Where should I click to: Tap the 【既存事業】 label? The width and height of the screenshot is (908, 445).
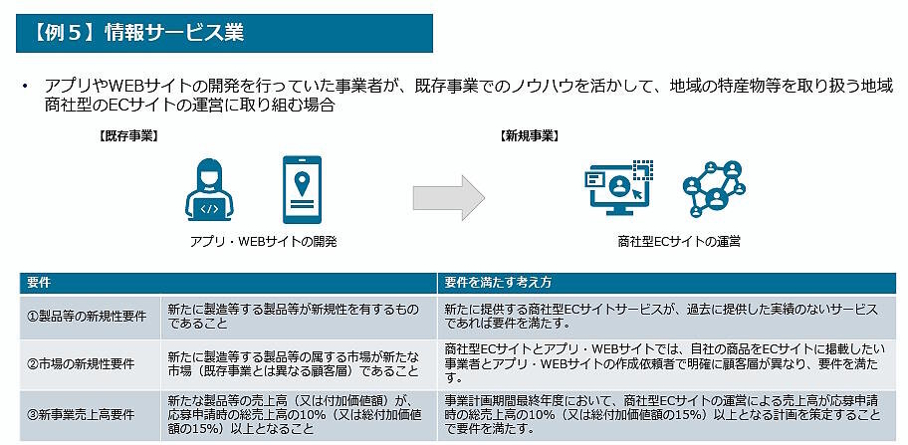tap(128, 136)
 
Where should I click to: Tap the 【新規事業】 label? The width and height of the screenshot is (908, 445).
tap(528, 136)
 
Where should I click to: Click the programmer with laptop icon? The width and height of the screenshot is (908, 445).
tap(210, 189)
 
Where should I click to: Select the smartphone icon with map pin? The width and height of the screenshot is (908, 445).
tap(302, 189)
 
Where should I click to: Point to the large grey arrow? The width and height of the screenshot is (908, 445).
tap(448, 198)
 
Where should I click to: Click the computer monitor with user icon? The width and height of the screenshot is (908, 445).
tap(618, 188)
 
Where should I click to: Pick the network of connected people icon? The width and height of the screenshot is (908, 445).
tap(714, 188)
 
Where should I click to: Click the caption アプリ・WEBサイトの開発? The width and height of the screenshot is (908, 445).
tap(264, 242)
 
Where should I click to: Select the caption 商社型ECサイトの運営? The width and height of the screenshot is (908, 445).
tap(679, 242)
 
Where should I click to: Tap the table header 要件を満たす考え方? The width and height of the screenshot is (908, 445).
tap(498, 283)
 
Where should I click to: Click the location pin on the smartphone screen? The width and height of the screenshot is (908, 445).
tap(302, 183)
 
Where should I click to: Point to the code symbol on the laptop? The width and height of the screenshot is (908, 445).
tap(210, 209)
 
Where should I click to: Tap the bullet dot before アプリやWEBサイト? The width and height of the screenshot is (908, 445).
tap(25, 87)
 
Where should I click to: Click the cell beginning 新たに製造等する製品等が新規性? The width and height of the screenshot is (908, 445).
tap(298, 317)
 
